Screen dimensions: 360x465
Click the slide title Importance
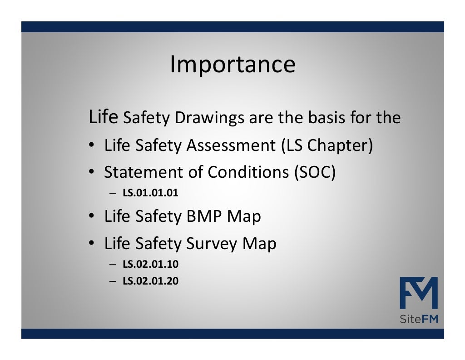232,65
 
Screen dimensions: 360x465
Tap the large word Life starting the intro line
104,117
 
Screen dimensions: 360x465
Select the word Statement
143,172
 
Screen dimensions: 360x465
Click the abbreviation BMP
204,216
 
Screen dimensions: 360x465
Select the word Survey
212,244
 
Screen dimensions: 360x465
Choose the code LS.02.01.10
150,264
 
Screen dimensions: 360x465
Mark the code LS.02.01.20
150,281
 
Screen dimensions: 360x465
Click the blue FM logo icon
418,293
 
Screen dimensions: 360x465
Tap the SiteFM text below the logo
418,320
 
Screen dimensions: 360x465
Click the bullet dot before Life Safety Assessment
91,146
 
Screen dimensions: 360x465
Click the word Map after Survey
259,244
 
